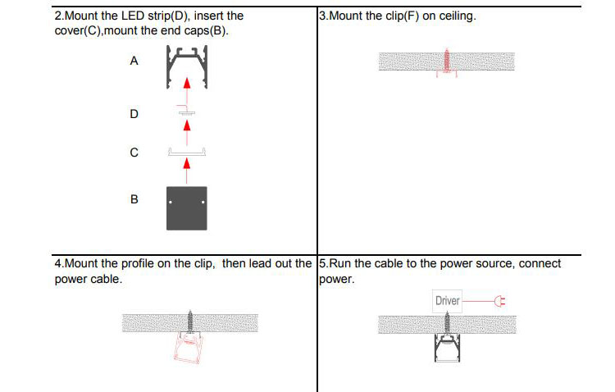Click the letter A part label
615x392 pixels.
point(134,62)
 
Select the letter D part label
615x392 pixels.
point(134,114)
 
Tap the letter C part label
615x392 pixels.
point(134,153)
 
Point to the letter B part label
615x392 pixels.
point(134,199)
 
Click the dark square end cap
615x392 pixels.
point(187,207)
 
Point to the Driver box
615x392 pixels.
point(448,301)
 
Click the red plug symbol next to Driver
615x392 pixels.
point(500,301)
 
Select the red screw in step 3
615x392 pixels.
point(447,62)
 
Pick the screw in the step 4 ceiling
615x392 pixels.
point(190,320)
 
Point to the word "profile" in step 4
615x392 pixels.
point(139,264)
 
